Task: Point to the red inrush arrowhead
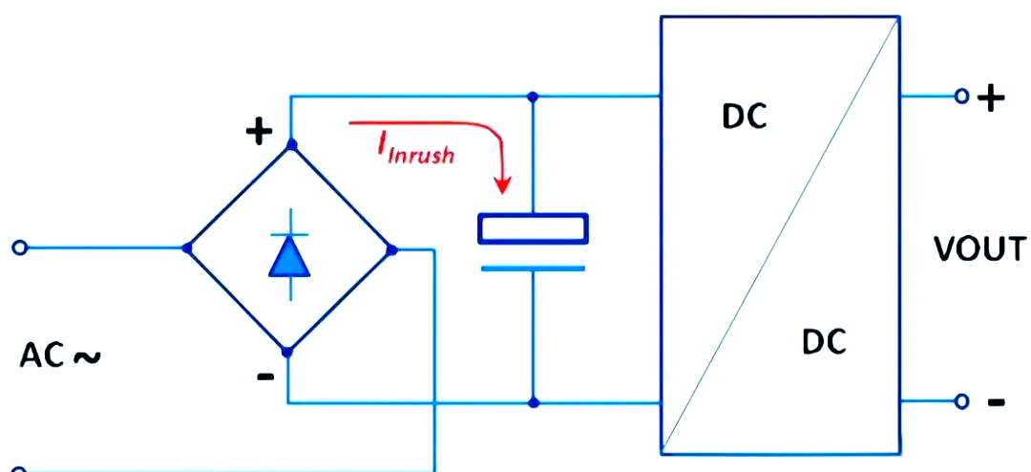coord(503,184)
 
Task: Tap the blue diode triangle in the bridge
coord(289,256)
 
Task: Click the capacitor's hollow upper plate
coord(534,227)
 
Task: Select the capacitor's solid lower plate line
coord(534,268)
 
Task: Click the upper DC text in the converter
coord(745,117)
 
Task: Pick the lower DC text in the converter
coord(825,342)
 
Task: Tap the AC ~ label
coord(60,355)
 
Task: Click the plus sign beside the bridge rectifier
coord(259,132)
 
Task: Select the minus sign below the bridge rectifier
coord(265,377)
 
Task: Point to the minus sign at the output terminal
coord(996,401)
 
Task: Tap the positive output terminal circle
coord(962,97)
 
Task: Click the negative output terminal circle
coord(962,401)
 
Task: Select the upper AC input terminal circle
coord(20,247)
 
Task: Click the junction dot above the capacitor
coord(534,97)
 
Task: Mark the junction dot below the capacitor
coord(534,402)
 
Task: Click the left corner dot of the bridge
coord(187,248)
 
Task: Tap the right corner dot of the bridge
coord(392,249)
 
